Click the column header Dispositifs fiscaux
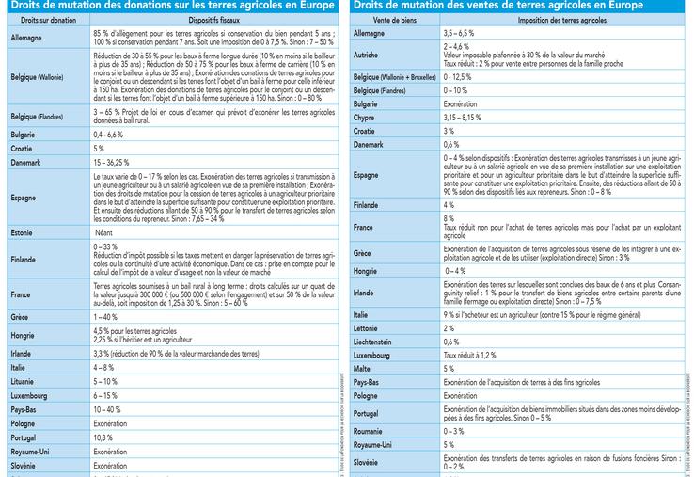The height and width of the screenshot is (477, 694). tap(214, 19)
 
